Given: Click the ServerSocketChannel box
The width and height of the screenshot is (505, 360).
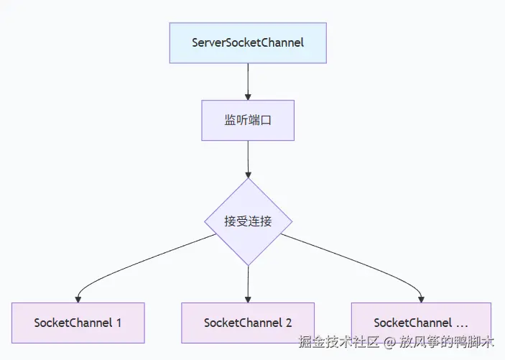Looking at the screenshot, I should tap(248, 42).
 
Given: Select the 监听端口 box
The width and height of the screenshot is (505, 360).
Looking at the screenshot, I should tap(248, 121).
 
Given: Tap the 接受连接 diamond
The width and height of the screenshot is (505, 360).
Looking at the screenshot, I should tap(248, 221).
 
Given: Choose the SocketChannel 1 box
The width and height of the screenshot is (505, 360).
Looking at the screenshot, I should tap(78, 323).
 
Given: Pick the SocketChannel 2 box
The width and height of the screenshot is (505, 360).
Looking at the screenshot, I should tap(248, 323).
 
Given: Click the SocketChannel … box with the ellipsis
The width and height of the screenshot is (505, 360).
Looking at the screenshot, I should tap(421, 323).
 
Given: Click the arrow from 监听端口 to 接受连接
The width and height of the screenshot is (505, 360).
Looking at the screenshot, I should tap(248, 158).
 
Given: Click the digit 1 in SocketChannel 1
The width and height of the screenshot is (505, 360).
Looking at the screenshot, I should tap(119, 323).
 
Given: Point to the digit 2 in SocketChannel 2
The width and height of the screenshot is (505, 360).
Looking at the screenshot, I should tap(289, 323).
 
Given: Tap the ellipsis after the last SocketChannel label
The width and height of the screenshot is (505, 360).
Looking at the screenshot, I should tap(462, 323).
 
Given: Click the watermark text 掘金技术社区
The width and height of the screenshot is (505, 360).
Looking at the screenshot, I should tap(338, 342).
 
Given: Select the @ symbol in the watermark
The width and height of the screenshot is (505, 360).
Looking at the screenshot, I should tap(389, 343).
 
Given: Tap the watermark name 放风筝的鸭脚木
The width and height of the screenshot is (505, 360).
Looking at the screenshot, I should tap(447, 342).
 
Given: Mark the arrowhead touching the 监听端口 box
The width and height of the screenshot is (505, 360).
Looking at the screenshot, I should tap(248, 96).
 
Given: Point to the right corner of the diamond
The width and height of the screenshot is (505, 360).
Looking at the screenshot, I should tap(291, 221).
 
